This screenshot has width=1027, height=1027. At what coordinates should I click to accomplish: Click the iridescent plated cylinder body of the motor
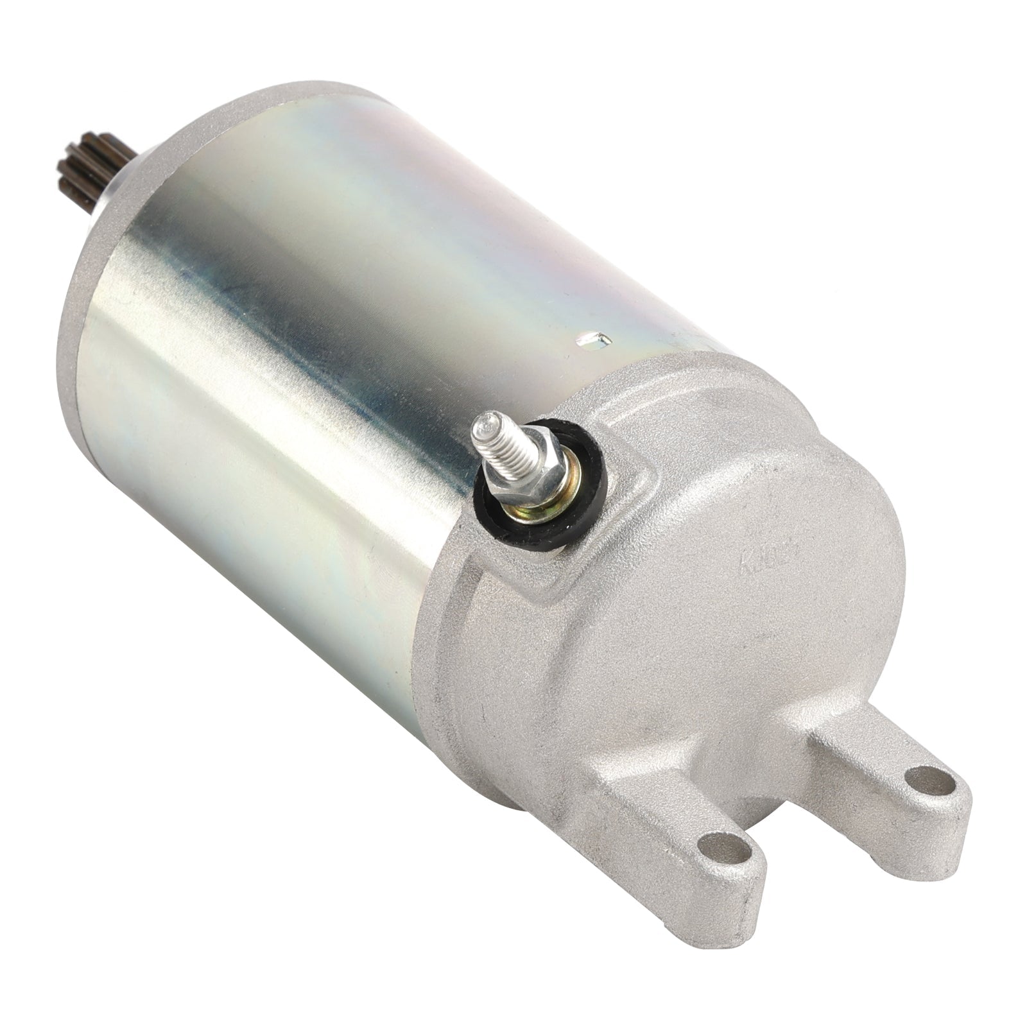click(289, 289)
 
